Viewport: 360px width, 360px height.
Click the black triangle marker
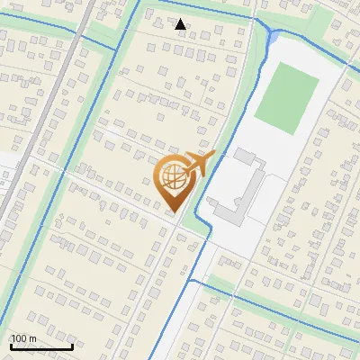[x=181, y=24]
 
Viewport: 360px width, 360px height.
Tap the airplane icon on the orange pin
[x=200, y=163]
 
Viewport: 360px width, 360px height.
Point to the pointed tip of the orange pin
[x=173, y=212]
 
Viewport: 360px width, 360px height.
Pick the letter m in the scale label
[x=32, y=338]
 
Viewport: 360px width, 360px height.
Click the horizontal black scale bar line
[x=41, y=346]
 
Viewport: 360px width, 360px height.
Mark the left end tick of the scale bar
[x=11, y=345]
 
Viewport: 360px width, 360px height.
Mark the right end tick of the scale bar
[x=72, y=345]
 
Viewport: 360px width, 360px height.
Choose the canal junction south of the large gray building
[x=197, y=282]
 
